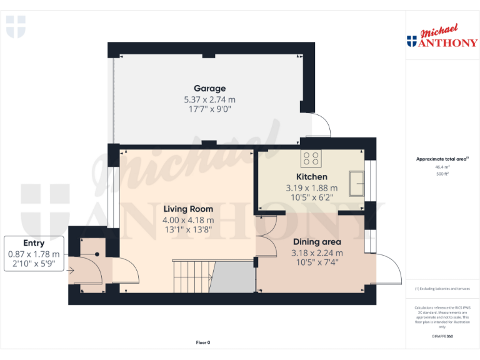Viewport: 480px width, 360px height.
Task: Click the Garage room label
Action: pos(209,89)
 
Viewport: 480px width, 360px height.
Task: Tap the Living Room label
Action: pos(188,209)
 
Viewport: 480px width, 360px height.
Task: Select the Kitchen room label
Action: pos(311,177)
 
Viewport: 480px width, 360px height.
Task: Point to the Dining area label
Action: pos(317,242)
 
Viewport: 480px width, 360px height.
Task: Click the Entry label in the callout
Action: pos(34,243)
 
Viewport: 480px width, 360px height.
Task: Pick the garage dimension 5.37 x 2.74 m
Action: pos(209,100)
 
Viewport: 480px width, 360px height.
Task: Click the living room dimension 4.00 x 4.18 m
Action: pos(188,220)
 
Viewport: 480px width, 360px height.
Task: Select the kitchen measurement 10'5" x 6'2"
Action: pos(311,197)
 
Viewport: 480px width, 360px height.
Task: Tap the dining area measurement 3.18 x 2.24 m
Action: pos(317,253)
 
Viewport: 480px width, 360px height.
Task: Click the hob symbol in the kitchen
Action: pos(311,159)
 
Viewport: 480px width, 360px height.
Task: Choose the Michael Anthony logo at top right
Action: pos(442,37)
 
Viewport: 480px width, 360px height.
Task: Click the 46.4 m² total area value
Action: pos(442,167)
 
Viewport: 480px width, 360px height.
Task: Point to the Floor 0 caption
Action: pos(203,342)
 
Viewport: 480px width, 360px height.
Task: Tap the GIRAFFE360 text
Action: pos(442,337)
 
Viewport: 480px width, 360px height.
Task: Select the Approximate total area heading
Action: pos(442,159)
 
